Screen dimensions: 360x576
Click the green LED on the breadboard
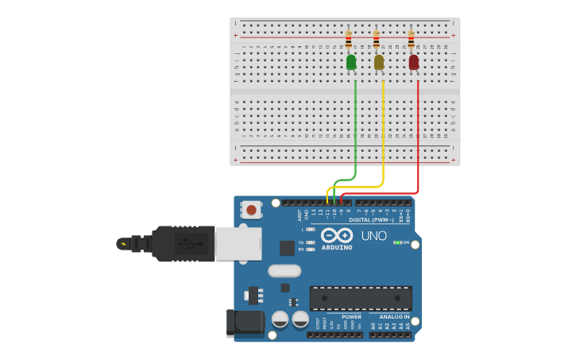[351, 62]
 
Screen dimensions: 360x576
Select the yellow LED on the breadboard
[379, 62]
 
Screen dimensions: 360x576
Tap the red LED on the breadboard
[413, 62]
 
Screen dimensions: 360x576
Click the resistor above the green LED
[348, 40]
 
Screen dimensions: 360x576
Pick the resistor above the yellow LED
[376, 40]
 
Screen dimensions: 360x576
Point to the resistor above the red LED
[411, 40]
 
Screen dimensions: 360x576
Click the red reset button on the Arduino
[252, 210]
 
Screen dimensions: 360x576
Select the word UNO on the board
[373, 236]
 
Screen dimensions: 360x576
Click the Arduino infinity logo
[337, 235]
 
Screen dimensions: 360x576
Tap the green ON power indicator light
[397, 242]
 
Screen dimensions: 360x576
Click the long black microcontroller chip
[361, 298]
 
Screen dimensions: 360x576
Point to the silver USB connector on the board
[238, 243]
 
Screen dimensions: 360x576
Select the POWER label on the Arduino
[351, 316]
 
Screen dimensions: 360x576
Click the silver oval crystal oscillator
[284, 270]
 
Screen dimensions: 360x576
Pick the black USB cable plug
[183, 243]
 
